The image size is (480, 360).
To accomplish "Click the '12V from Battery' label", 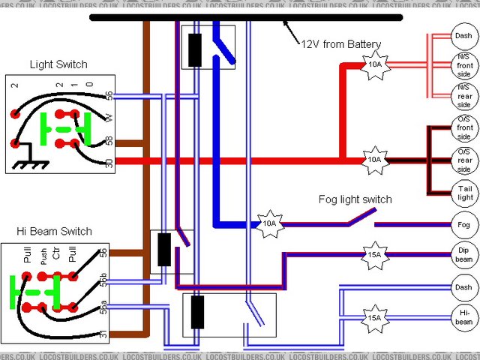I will [341, 43].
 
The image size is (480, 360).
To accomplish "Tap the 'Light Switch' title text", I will [58, 65].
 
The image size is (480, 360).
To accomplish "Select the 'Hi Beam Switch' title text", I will [54, 231].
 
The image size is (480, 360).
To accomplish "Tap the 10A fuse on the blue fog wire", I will [268, 223].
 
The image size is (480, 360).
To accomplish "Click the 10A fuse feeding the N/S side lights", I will [373, 64].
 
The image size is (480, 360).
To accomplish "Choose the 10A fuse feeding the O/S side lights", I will [373, 160].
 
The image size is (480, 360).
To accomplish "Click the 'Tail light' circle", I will [463, 192].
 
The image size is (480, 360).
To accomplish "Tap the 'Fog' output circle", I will [463, 224].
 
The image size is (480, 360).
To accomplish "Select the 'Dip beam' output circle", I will [463, 255].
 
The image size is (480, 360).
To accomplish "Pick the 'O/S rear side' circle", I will [463, 159].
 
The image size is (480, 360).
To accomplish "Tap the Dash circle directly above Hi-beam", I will [463, 286].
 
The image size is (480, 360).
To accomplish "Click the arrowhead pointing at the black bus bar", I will [285, 24].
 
